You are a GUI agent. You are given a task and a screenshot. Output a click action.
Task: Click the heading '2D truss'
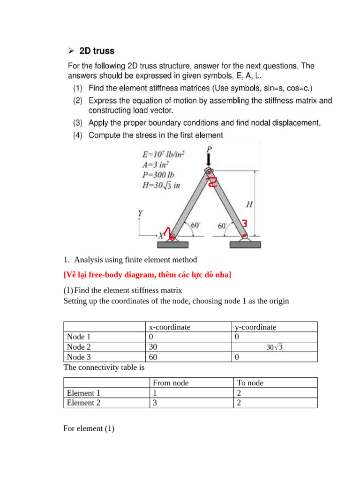pos(97,51)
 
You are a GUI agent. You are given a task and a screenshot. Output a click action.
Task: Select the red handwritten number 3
pos(245,223)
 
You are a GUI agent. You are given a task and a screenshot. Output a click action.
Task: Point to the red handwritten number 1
pos(167,230)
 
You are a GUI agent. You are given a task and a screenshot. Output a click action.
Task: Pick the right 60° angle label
pos(223,226)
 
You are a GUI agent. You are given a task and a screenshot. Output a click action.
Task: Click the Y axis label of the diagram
pos(140,214)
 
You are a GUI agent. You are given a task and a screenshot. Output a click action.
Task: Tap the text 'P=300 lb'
pos(158,174)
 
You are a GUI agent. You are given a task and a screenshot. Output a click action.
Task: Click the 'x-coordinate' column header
pos(169,327)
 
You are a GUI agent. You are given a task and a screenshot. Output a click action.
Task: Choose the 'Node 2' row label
pos(79,347)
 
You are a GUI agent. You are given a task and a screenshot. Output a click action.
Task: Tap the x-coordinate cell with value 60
pos(154,357)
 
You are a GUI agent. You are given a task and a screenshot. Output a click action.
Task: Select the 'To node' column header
pos(250,382)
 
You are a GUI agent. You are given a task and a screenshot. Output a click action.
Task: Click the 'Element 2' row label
pos(83,403)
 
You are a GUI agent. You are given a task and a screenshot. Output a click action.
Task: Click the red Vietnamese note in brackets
pos(147,275)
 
